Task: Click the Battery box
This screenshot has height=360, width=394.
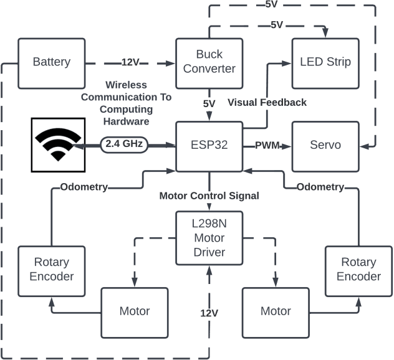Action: click(x=52, y=62)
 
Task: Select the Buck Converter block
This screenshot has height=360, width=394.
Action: click(x=209, y=62)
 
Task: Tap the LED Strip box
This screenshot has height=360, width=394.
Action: click(x=325, y=62)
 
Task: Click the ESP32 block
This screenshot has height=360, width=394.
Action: click(x=209, y=144)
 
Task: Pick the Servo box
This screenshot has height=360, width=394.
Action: click(x=325, y=144)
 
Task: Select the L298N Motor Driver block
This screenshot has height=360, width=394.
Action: click(x=209, y=239)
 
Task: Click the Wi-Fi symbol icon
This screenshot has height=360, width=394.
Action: click(x=57, y=144)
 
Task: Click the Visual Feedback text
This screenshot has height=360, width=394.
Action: click(x=267, y=102)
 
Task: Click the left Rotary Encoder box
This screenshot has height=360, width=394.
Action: click(x=52, y=270)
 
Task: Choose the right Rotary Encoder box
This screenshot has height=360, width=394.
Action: click(x=358, y=270)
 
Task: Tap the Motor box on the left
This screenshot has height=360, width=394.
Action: click(x=135, y=311)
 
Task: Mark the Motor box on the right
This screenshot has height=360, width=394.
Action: click(x=276, y=311)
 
